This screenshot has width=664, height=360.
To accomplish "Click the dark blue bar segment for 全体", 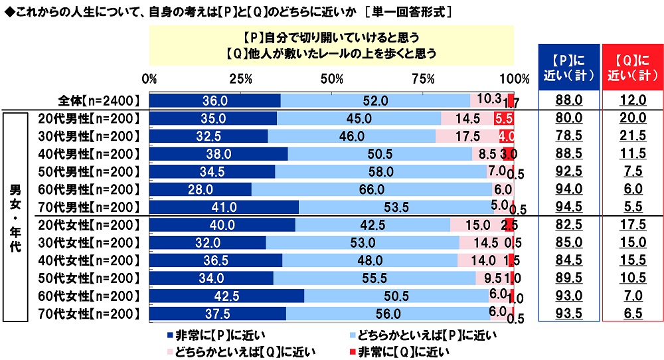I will (x=214, y=100).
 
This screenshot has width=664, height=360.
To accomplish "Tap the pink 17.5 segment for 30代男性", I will (x=467, y=136).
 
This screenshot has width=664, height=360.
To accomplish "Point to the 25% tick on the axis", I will (x=240, y=78).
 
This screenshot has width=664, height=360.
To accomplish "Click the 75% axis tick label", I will (x=423, y=78).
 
